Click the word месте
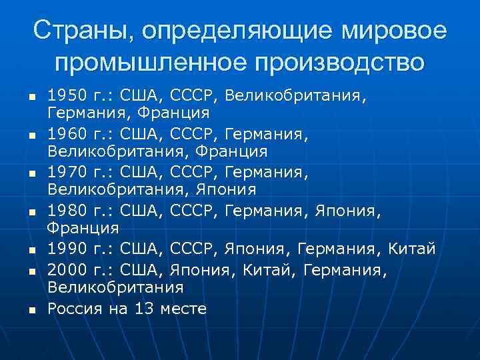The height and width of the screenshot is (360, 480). (x=183, y=308)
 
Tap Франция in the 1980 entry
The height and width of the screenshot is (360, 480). (x=83, y=229)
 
